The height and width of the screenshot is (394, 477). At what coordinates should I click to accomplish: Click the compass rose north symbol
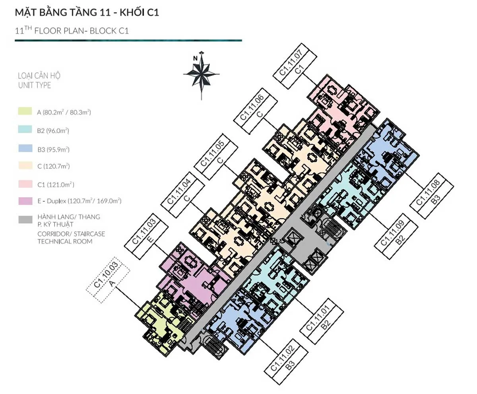click(201, 74)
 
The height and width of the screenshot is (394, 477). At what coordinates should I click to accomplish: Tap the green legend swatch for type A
click(25, 111)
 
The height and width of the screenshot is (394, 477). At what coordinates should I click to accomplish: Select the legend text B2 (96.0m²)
click(53, 130)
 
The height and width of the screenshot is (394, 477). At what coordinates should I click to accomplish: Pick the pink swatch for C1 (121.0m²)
click(25, 184)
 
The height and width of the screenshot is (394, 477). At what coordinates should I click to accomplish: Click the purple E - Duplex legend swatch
click(25, 201)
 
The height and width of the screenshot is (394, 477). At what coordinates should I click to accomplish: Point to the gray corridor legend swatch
click(25, 219)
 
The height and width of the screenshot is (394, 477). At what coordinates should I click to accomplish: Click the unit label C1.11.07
click(295, 66)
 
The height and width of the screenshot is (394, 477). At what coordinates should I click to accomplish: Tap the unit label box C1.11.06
click(256, 111)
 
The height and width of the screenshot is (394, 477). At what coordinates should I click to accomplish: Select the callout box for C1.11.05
click(216, 157)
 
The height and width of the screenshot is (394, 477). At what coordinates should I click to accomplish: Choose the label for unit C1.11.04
click(183, 194)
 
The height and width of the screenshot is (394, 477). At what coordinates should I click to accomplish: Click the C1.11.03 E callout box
click(146, 236)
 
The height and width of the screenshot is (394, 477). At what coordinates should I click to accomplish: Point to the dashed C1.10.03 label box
click(108, 280)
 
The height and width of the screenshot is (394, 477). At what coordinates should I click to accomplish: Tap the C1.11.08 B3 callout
click(432, 196)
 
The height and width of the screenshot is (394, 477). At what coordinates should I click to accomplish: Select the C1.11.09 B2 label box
click(396, 236)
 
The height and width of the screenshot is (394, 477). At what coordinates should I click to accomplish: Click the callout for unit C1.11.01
click(322, 321)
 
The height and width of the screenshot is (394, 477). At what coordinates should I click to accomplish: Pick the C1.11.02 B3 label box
click(286, 362)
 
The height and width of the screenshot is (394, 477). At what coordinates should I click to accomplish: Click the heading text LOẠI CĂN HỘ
click(39, 76)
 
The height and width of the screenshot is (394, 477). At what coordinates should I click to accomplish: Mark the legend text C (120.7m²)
click(53, 166)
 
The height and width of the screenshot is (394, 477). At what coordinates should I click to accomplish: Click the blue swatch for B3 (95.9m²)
click(25, 148)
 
